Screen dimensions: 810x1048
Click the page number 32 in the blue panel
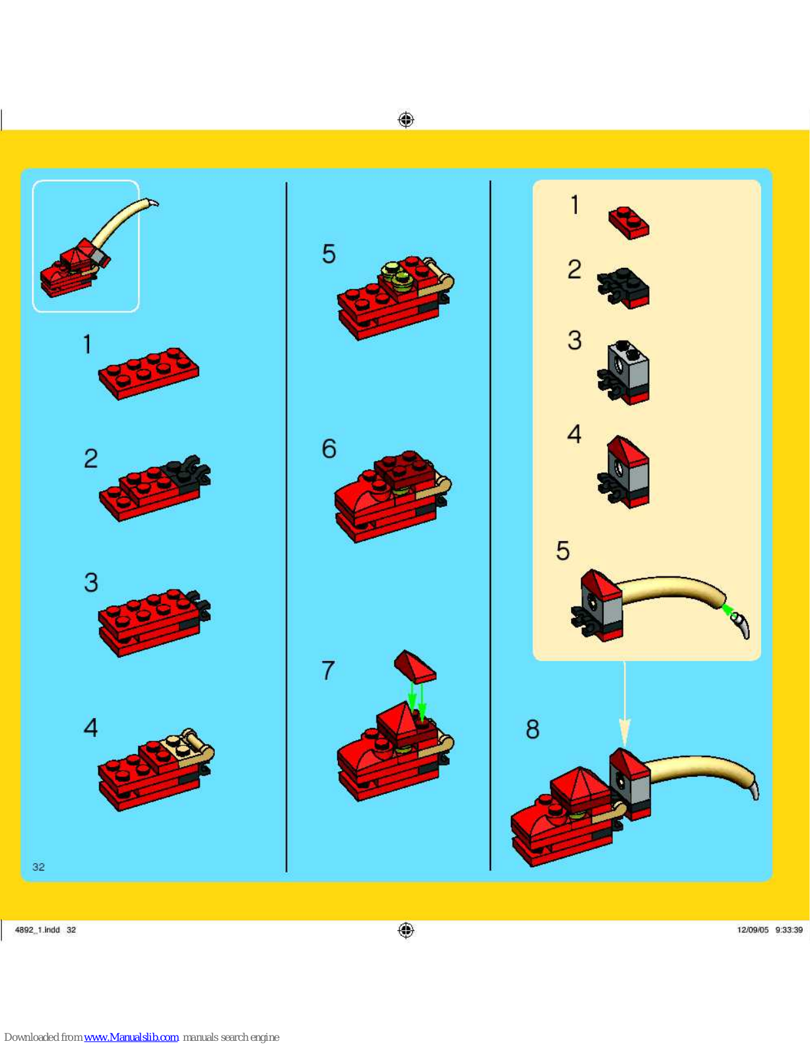coord(39,867)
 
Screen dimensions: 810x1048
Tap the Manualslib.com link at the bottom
coord(131,1037)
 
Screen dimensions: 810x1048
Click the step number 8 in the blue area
coord(532,729)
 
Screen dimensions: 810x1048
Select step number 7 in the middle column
coord(328,670)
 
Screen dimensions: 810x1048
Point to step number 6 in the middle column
coord(329,449)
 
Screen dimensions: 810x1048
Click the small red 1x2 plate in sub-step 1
coord(629,223)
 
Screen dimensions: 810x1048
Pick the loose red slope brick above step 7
coord(415,666)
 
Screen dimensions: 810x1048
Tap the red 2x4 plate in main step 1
coord(149,373)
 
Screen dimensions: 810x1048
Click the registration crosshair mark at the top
coord(406,119)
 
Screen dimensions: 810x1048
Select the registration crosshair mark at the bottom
coord(406,930)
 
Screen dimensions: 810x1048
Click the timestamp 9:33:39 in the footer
coord(789,930)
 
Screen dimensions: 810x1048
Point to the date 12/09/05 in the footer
coord(752,930)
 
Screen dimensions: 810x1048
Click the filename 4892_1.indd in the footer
coord(37,930)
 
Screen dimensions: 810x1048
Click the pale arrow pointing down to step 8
coord(625,705)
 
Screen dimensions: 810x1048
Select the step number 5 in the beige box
coord(562,550)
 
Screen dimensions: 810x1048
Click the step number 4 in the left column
coord(90,727)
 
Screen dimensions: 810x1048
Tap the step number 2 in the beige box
coord(574,269)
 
